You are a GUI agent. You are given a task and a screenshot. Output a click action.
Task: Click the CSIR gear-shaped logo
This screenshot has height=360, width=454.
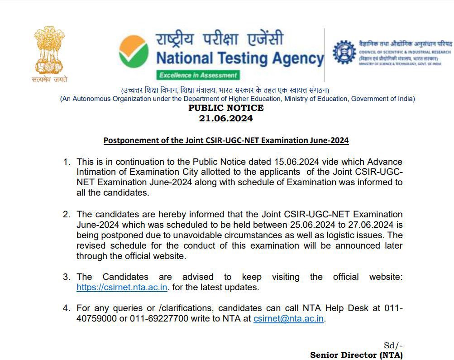[344, 53]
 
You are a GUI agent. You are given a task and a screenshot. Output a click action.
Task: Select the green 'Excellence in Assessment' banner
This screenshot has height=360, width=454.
[198, 75]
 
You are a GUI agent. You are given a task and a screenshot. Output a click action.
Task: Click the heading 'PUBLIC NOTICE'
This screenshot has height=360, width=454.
[226, 108]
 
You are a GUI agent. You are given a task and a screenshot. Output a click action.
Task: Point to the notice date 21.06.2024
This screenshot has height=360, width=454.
[226, 119]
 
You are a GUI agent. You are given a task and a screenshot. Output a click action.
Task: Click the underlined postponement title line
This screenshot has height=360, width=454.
[226, 140]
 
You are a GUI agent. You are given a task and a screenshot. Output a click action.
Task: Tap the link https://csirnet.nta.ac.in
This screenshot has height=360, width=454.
[122, 287]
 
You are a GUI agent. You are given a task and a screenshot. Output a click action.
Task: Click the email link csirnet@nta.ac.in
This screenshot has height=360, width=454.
[288, 318]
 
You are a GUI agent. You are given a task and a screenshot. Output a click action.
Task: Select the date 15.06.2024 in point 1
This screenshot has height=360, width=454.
[299, 162]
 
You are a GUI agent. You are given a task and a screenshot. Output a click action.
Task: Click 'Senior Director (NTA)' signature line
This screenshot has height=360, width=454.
[356, 355]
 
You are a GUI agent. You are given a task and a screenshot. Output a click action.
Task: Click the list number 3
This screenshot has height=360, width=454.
[67, 277]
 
